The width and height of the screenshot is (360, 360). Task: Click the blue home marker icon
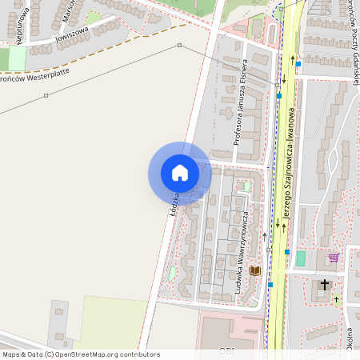[180, 173]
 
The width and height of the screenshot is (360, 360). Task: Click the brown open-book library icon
[255, 271]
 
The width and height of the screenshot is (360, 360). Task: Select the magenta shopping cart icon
[334, 257]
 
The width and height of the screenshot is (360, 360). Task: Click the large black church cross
[325, 285]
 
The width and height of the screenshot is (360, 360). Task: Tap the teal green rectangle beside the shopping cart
[301, 258]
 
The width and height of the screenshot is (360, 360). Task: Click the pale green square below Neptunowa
[16, 58]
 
